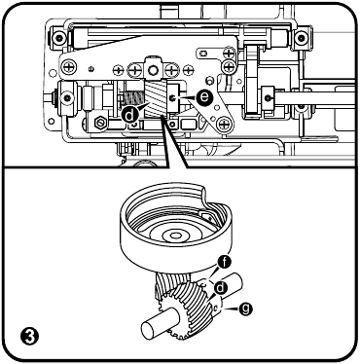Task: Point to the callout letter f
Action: [x=225, y=260]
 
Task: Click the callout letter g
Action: [x=244, y=308]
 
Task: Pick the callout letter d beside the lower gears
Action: [x=222, y=287]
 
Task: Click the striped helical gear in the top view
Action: [x=157, y=101]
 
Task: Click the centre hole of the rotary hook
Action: [x=177, y=235]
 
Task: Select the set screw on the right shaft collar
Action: [x=268, y=95]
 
